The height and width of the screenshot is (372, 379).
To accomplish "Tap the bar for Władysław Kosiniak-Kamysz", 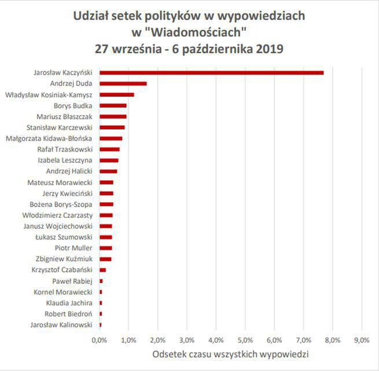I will point(116,95).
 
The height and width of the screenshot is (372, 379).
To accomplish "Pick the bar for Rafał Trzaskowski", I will point(109,149).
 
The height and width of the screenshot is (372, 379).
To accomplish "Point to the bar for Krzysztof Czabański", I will point(102,270).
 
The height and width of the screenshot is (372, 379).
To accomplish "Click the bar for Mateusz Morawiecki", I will point(106,182).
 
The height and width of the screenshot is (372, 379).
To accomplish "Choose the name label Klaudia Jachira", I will point(69,303).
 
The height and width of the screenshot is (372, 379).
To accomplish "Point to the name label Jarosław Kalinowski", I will point(61,325).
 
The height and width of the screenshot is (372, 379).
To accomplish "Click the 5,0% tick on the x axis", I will point(245,340).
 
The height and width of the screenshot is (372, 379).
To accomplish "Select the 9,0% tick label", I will point(362,340).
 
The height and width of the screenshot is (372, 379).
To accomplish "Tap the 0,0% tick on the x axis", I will point(100,340).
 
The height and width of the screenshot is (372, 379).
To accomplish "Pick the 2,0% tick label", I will point(157,340).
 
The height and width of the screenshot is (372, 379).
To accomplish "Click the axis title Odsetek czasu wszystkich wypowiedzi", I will point(230,353).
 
